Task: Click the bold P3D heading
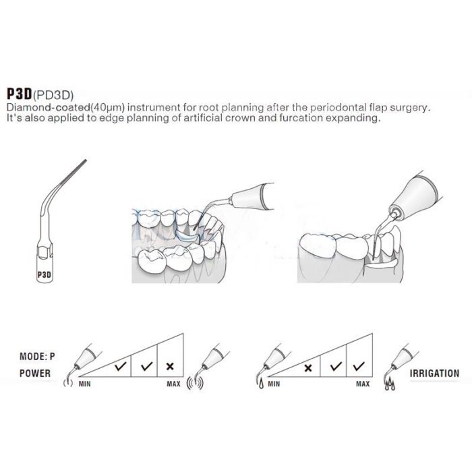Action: [x=20, y=94]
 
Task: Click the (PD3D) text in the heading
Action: [x=53, y=95]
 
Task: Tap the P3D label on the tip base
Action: [x=45, y=275]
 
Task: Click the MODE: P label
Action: [x=37, y=357]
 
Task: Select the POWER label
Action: [x=35, y=374]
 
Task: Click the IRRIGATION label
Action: [x=434, y=374]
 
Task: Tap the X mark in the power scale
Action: [x=170, y=366]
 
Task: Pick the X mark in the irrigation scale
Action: [x=308, y=368]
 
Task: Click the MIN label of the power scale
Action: [x=84, y=384]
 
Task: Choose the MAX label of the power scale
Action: [x=174, y=384]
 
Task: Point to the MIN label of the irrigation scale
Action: [x=274, y=384]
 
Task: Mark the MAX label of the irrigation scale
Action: [x=363, y=384]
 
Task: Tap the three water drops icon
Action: [x=390, y=384]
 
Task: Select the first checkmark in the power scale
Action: [x=121, y=366]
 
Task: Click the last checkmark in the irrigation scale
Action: [x=359, y=366]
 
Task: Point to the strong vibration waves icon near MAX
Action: [x=195, y=383]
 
